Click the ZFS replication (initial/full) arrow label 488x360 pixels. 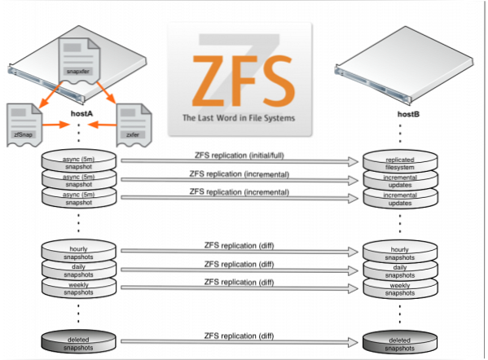(x=239, y=155)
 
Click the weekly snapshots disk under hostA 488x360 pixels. (x=80, y=288)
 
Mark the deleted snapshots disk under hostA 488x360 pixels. (x=80, y=343)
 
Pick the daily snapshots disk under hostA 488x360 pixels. (x=80, y=269)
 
